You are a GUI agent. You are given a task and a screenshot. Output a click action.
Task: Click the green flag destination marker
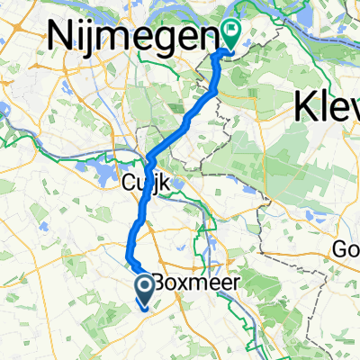(x=232, y=36)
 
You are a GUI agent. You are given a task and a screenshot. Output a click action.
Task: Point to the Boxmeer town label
(x=188, y=282)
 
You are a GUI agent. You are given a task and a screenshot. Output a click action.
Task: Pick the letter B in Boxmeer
(x=158, y=282)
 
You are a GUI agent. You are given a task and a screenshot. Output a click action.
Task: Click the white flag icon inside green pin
(x=232, y=34)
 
